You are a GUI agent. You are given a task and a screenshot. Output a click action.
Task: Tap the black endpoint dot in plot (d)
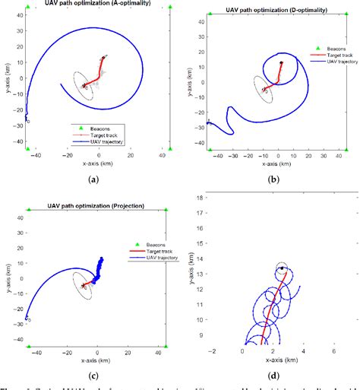click(x=282, y=268)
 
